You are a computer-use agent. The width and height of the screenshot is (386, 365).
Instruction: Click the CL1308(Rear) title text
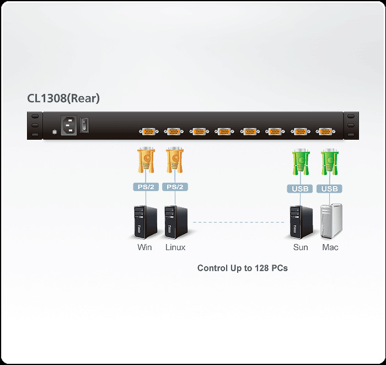coord(63,99)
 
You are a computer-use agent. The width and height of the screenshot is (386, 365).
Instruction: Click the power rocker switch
coord(84,125)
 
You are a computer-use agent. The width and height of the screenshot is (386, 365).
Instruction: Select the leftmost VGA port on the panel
coord(148,131)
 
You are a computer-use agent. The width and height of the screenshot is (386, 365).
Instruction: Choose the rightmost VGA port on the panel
coord(325,131)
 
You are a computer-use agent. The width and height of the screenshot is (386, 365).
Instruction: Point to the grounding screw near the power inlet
coord(54,132)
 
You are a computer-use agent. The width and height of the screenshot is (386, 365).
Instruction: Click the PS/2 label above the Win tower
coord(146,187)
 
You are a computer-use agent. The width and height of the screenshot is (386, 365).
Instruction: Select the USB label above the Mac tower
coord(330,189)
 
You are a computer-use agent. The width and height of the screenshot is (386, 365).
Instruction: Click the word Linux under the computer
coord(175,247)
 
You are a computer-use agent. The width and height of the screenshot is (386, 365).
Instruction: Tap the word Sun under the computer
coord(301,247)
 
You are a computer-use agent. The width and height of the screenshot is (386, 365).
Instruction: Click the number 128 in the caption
coord(261,268)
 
